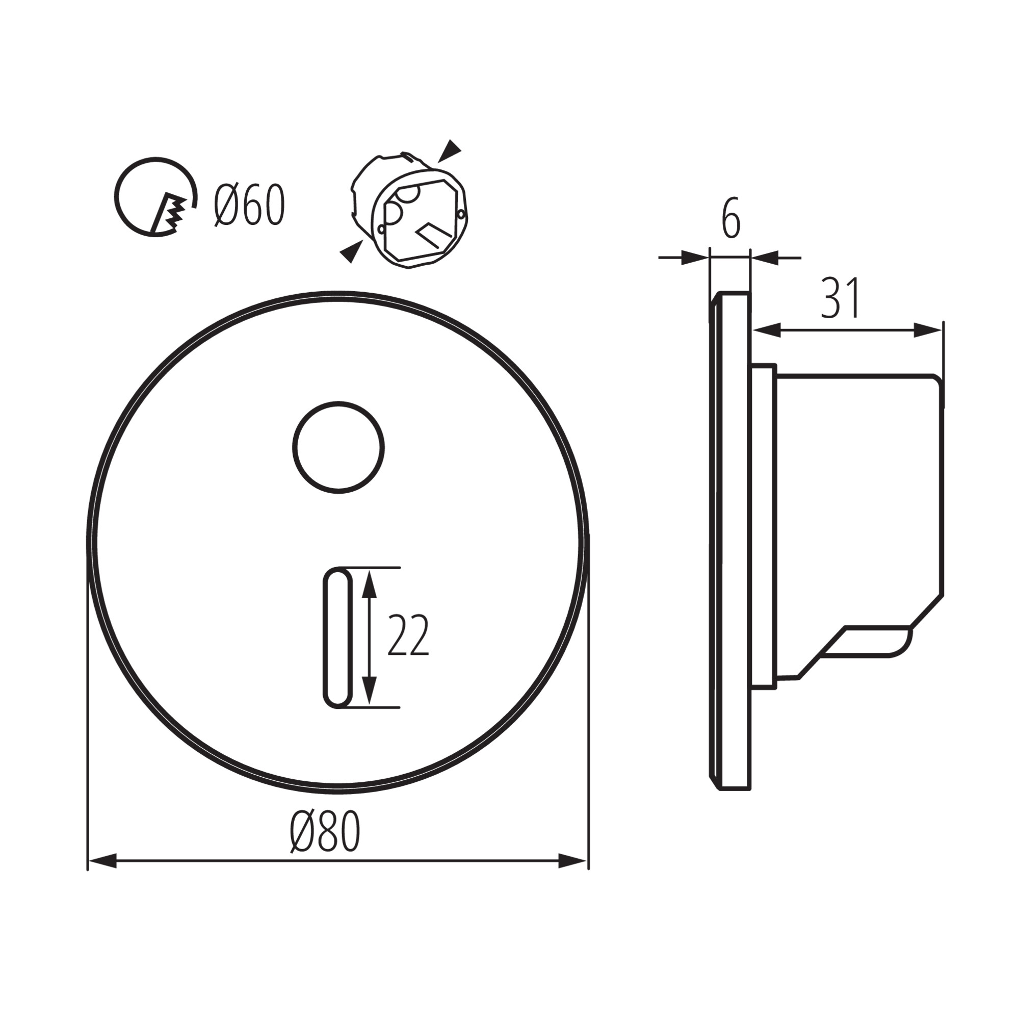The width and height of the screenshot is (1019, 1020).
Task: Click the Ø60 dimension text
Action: click(x=250, y=206)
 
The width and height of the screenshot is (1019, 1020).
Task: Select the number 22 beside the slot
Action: click(x=408, y=635)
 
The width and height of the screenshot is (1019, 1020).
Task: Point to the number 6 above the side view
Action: click(x=731, y=219)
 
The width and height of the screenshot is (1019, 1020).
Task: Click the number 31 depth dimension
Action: click(x=840, y=299)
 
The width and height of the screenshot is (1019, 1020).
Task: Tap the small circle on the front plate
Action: click(x=338, y=448)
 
